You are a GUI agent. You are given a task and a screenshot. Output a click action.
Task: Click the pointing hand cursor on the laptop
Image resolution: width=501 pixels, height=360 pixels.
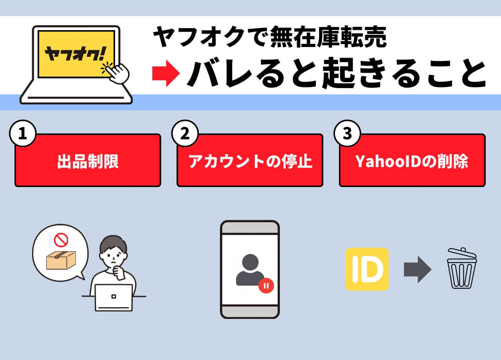tap(117, 73)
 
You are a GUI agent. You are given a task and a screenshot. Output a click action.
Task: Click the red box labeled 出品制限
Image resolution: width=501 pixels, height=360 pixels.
tap(88, 161)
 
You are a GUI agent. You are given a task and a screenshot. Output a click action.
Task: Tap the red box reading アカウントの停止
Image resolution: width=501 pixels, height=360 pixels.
tap(250, 161)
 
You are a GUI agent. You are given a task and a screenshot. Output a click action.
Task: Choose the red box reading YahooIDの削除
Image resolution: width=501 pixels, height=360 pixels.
tap(412, 161)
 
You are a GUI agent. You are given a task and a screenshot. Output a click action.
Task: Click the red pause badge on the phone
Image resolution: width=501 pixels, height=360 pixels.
tap(266, 285)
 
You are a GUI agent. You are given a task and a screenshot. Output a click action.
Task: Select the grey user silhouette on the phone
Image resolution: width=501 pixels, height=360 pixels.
tap(249, 270)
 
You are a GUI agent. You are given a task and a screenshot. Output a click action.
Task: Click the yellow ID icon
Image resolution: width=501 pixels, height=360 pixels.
tap(367, 269)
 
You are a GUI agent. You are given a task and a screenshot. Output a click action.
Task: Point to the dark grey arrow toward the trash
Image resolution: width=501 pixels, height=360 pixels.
tap(417, 269)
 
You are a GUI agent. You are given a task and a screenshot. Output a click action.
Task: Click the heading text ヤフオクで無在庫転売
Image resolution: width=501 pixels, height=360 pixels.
tap(270, 38)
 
